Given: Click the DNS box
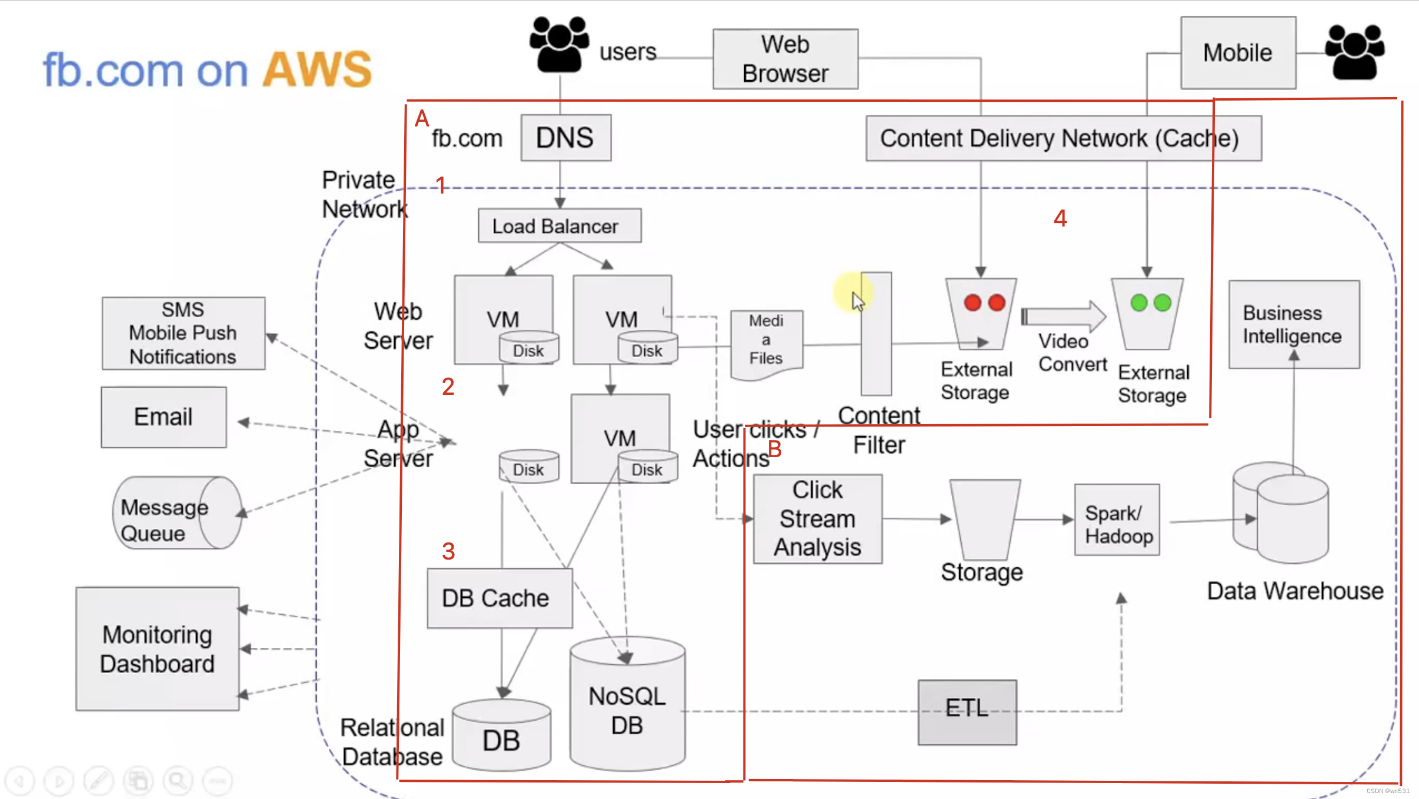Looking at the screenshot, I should pyautogui.click(x=565, y=138).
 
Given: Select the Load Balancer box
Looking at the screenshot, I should pyautogui.click(x=559, y=226).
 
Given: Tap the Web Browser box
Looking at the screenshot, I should pyautogui.click(x=785, y=59).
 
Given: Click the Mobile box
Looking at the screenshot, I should pyautogui.click(x=1238, y=53).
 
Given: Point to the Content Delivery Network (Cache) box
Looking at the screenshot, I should pyautogui.click(x=1063, y=139).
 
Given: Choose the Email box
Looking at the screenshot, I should pyautogui.click(x=164, y=417).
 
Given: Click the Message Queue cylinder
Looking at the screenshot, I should pyautogui.click(x=176, y=513).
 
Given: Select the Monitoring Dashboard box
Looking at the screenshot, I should pyautogui.click(x=157, y=648).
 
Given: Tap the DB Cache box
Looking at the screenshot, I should pyautogui.click(x=499, y=598).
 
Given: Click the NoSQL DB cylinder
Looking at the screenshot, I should pyautogui.click(x=627, y=706).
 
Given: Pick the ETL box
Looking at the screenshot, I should pyautogui.click(x=967, y=712).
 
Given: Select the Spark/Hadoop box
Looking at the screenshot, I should pyautogui.click(x=1117, y=520).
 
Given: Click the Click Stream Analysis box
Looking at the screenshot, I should pyautogui.click(x=817, y=519).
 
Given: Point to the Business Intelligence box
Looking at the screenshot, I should pyautogui.click(x=1293, y=324).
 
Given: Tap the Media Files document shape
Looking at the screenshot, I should pyautogui.click(x=766, y=344).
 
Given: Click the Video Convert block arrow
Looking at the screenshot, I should pyautogui.click(x=1064, y=317).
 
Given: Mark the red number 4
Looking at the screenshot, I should pyautogui.click(x=1060, y=219).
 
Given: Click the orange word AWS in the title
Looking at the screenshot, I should pyautogui.click(x=317, y=70).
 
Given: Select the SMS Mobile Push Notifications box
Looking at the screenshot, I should pyautogui.click(x=183, y=333).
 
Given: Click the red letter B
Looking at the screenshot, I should pyautogui.click(x=775, y=449).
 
